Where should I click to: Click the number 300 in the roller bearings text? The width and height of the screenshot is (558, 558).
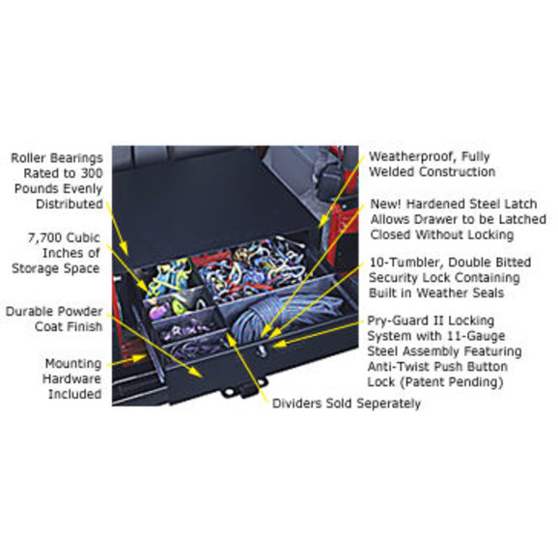[x=92, y=174]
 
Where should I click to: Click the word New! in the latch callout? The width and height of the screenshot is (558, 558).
[x=385, y=204]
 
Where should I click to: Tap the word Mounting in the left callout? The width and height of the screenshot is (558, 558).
[x=73, y=364]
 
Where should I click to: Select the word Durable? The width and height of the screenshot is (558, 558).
[x=29, y=312]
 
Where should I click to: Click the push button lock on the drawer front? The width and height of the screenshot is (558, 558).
[x=263, y=349]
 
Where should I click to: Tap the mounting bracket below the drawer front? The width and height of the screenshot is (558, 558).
[x=244, y=389]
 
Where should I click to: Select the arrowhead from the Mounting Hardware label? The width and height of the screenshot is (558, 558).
[x=139, y=358]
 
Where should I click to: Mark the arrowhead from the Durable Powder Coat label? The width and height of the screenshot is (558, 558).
[x=196, y=372]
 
